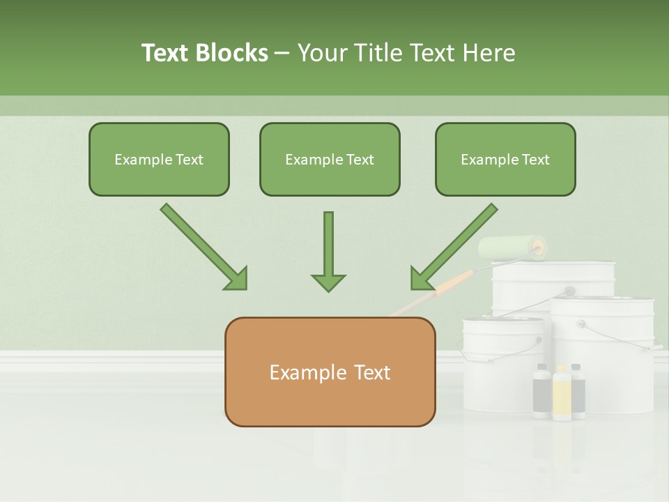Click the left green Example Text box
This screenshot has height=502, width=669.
pyautogui.click(x=159, y=160)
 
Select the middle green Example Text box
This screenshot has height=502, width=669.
pyautogui.click(x=330, y=160)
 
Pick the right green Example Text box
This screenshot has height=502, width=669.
pyautogui.click(x=505, y=160)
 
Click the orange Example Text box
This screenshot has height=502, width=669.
pyautogui.click(x=330, y=372)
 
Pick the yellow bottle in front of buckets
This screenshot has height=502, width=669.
pyautogui.click(x=562, y=394)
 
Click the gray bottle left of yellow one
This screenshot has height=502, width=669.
pyautogui.click(x=541, y=392)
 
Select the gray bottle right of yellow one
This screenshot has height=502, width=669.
pyautogui.click(x=578, y=391)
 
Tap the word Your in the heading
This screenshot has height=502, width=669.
pyautogui.click(x=323, y=53)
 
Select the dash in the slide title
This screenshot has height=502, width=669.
pyautogui.click(x=282, y=53)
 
